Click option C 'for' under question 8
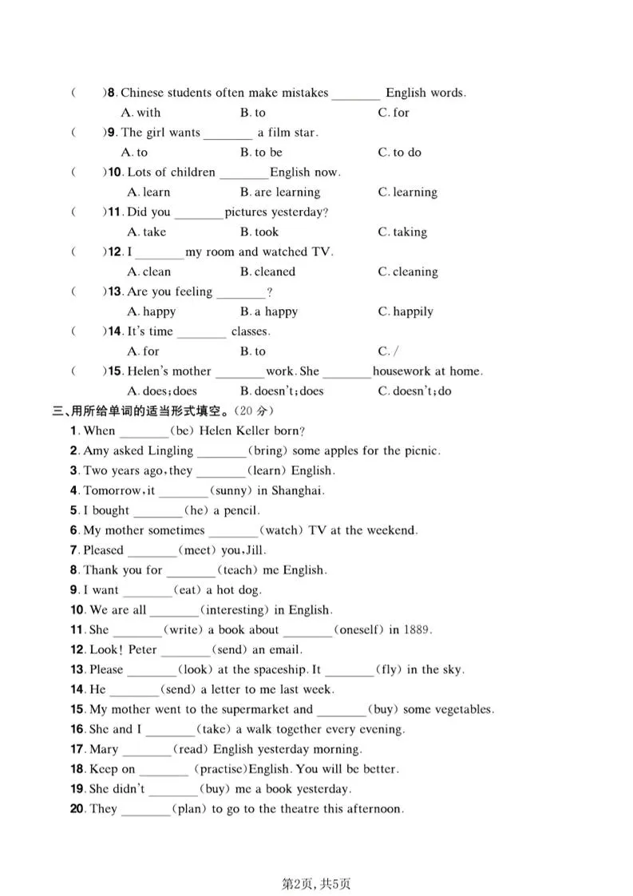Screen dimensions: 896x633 pyautogui.click(x=393, y=113)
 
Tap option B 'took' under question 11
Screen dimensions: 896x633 pyautogui.click(x=259, y=232)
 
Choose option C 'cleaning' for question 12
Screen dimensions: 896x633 pyautogui.click(x=407, y=272)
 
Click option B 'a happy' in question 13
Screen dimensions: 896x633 pyautogui.click(x=269, y=311)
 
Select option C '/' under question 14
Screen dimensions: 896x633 pyautogui.click(x=384, y=351)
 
